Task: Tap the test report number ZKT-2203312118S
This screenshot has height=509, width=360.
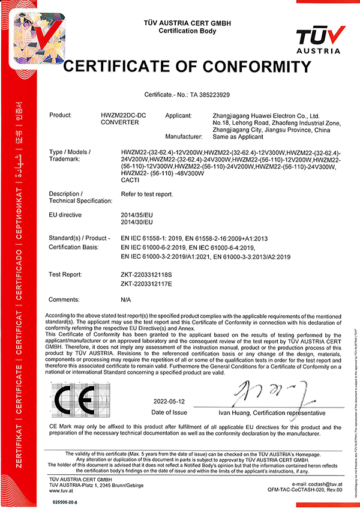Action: [x=146, y=274]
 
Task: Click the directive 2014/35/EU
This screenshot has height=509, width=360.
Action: [x=137, y=214]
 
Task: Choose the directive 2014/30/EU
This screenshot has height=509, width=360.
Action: [x=137, y=221]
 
